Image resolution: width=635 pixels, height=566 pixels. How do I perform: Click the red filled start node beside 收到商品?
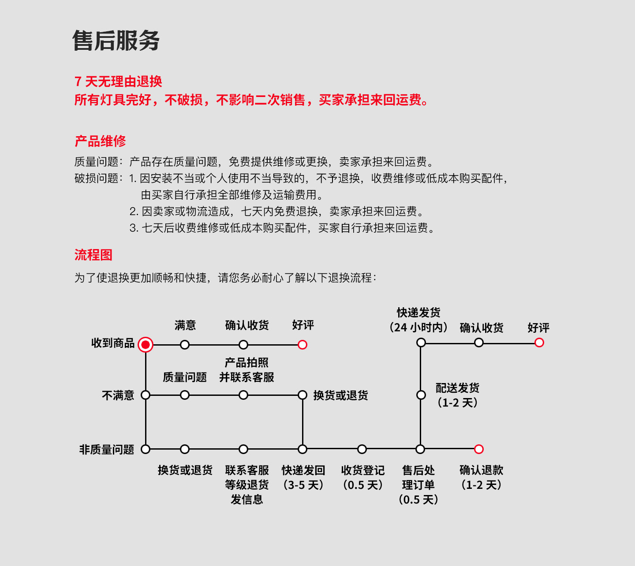146,345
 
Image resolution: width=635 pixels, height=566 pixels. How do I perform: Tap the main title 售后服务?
116,41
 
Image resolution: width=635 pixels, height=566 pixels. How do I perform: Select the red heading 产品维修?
101,141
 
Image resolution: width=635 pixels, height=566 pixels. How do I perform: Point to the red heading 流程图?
93,255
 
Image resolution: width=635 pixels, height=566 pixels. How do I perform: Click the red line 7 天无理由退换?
118,82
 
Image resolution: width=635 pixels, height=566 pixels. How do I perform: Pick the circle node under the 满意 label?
185,345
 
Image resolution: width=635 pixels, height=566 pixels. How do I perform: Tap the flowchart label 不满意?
118,395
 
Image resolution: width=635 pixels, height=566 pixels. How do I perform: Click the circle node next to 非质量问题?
146,449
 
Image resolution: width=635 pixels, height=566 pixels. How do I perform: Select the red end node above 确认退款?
479,449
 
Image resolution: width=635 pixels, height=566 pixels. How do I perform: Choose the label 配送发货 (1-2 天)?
458,395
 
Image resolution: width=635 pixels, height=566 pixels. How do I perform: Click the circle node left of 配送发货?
421,395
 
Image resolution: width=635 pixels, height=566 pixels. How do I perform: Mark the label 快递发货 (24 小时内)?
418,320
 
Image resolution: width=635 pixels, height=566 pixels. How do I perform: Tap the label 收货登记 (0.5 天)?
362,477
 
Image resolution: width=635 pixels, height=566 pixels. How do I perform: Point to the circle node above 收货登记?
362,449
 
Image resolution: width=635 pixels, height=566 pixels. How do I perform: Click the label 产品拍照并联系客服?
247,370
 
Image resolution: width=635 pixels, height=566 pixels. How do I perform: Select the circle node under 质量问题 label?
185,395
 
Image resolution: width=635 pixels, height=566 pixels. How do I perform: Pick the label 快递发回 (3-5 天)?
303,477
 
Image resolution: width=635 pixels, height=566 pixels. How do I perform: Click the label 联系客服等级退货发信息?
247,484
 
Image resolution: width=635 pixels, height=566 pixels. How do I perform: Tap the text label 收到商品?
113,343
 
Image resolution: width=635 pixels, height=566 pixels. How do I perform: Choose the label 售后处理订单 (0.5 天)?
418,484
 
